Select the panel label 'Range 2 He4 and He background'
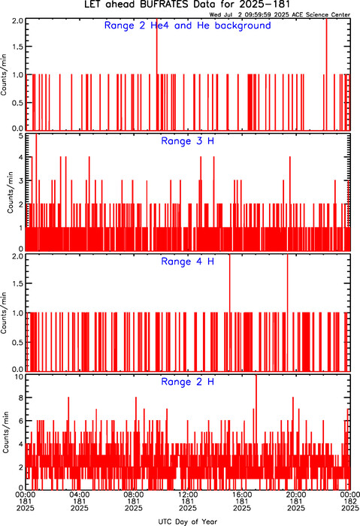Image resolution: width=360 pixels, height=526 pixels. [188, 26]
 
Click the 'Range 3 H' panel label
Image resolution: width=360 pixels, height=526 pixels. [188, 141]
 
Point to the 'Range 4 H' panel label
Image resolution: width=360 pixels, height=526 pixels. [188, 261]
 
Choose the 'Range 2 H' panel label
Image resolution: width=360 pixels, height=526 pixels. [188, 382]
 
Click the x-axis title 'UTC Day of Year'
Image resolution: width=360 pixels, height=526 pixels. [188, 521]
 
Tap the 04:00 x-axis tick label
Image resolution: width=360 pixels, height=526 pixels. [80, 494]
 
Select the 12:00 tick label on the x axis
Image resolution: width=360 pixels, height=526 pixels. [188, 494]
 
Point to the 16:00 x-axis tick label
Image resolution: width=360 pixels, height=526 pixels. [242, 494]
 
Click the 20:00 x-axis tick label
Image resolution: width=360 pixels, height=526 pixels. [296, 494]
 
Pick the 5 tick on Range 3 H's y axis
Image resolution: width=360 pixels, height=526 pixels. [21, 136]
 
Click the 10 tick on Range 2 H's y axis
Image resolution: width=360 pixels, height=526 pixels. [20, 376]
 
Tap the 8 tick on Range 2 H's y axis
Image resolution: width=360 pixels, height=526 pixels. [21, 398]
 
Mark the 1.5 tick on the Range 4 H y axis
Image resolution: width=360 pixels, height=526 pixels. [17, 284]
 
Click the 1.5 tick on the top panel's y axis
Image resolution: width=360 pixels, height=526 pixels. [17, 47]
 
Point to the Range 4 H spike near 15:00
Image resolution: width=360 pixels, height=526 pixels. [230, 312]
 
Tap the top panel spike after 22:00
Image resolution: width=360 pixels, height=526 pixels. [326, 74]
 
